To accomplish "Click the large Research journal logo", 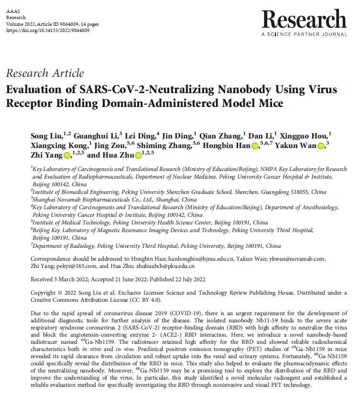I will click(x=304, y=20).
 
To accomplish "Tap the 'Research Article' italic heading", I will click(x=45, y=73).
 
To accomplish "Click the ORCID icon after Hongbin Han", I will click(x=255, y=145).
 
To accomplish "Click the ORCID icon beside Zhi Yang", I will click(x=67, y=155).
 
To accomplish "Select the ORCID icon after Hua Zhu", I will click(x=138, y=155).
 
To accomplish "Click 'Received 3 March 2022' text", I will click(x=59, y=279).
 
